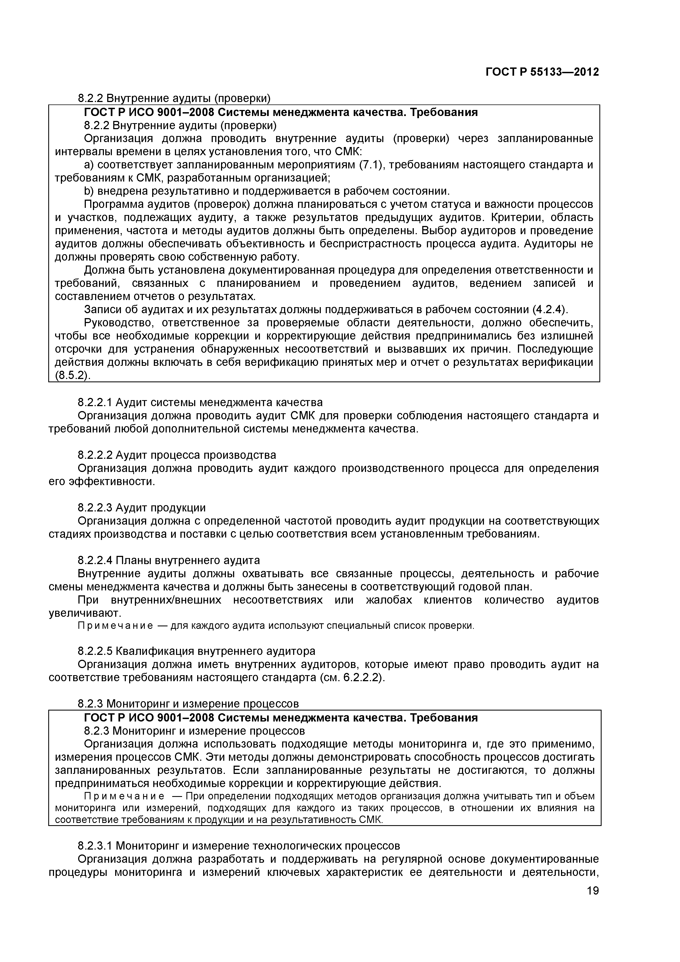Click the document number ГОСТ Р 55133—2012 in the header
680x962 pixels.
pyautogui.click(x=542, y=72)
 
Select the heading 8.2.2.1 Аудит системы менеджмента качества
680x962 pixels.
pyautogui.click(x=200, y=403)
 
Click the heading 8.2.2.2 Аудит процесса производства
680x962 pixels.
pyautogui.click(x=177, y=455)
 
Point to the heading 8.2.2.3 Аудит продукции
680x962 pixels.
pyautogui.click(x=141, y=508)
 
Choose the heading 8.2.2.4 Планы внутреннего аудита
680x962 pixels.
pyautogui.click(x=169, y=560)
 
